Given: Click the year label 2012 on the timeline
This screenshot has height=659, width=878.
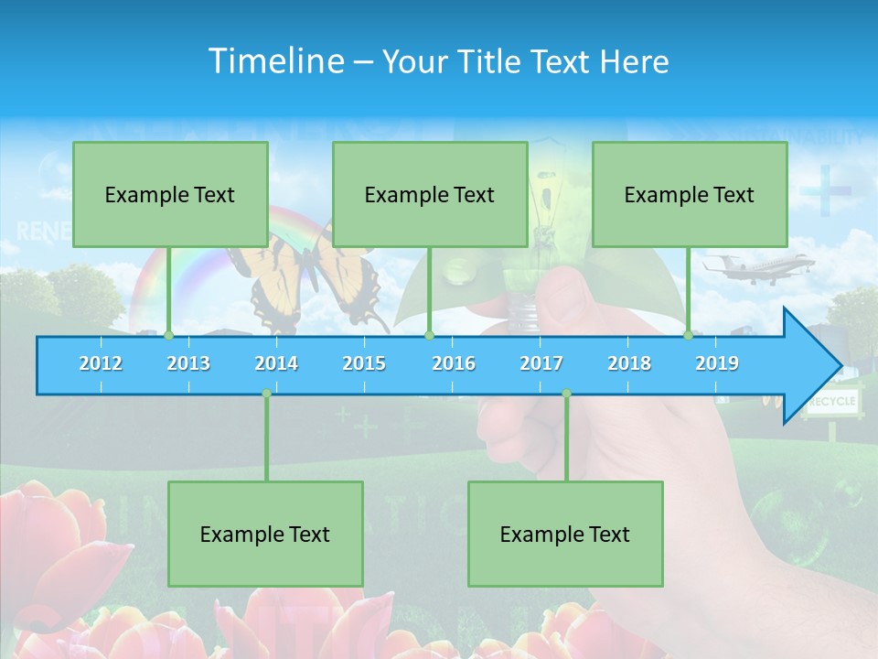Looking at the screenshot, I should point(101,363).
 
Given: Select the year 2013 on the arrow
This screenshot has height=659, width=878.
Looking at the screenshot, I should point(188,363).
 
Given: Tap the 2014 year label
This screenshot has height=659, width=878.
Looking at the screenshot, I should point(276,363).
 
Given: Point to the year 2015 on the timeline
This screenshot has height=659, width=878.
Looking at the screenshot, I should point(364,363).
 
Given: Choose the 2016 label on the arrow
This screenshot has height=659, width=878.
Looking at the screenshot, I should point(454,363).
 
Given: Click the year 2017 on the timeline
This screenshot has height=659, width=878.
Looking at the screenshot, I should point(541,363).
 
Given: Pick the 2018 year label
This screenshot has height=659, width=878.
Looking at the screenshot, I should point(629,363).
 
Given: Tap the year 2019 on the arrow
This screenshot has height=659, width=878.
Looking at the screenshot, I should point(717,363).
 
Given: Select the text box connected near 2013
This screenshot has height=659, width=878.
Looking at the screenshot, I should point(170,194).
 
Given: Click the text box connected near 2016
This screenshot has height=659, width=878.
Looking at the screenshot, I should point(430,194).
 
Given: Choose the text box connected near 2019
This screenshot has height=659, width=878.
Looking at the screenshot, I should point(690,194).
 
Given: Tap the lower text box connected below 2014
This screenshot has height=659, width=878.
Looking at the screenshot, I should point(265,534).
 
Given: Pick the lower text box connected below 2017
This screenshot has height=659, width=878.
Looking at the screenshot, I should point(565,534).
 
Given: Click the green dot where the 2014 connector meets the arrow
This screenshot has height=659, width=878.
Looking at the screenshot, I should point(266,394).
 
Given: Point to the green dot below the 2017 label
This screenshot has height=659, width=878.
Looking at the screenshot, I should point(566,394).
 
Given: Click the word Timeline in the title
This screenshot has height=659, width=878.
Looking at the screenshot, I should point(275,60).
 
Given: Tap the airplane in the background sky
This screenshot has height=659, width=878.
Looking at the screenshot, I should point(757,266).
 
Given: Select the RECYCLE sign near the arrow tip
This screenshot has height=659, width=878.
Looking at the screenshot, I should point(832,402).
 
